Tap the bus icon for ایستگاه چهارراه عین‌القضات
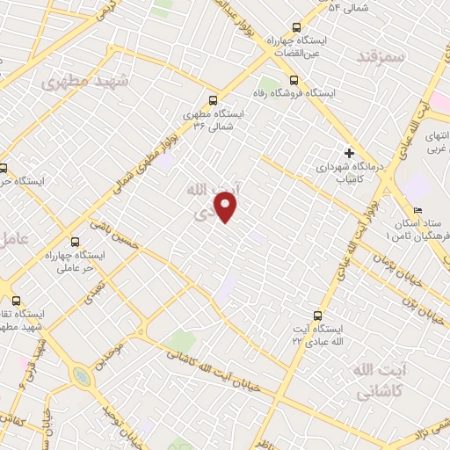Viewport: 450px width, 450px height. click(x=296, y=27)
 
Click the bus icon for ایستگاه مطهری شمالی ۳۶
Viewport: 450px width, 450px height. click(x=212, y=100)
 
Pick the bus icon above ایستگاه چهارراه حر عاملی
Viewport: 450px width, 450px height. click(x=75, y=241)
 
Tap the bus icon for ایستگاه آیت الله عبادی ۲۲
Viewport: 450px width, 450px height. click(x=317, y=315)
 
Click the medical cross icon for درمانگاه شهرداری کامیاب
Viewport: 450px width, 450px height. click(x=349, y=152)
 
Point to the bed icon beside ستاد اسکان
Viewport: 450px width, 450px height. click(x=417, y=210)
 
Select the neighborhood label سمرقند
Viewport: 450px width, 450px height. click(x=380, y=55)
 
